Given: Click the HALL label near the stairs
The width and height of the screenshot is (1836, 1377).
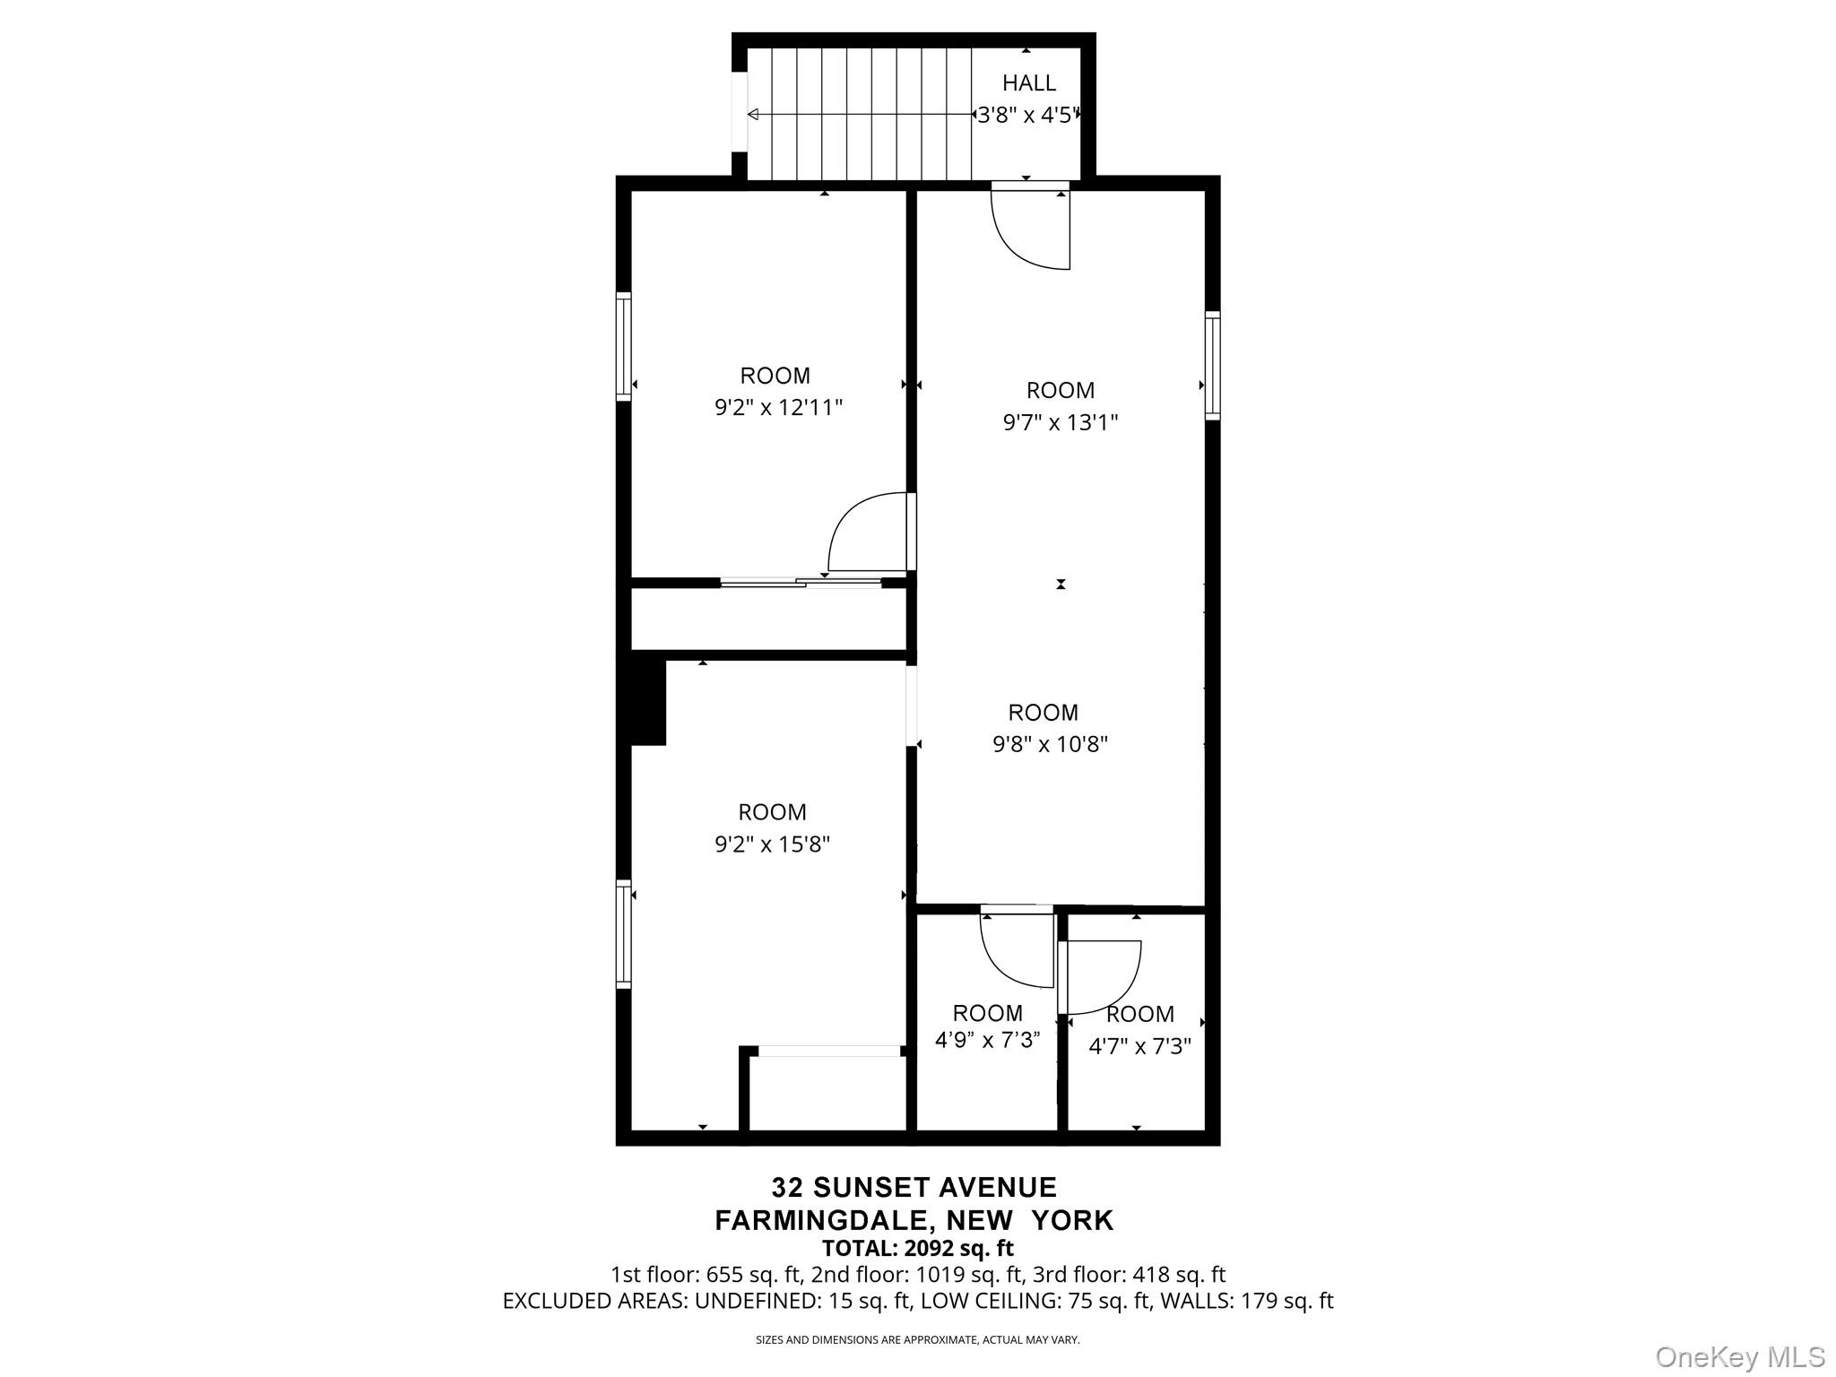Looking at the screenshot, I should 1028,82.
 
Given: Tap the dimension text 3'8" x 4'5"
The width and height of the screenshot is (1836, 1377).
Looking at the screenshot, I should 1027,115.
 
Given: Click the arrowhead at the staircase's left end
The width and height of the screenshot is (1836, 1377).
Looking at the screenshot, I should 753,115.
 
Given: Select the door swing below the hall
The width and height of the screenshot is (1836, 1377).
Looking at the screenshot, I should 1031,229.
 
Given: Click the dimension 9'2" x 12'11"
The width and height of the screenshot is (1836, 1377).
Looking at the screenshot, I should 778,408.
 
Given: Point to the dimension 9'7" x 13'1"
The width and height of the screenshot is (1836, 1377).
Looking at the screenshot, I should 1060,422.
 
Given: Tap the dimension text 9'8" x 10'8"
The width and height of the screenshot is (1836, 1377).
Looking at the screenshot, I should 1050,744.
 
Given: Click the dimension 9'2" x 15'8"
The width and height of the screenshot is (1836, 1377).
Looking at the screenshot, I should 772,844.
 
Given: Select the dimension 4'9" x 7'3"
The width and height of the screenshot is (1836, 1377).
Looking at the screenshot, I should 987,1040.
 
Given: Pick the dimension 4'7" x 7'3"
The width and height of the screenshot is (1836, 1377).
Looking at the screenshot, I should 1139,1046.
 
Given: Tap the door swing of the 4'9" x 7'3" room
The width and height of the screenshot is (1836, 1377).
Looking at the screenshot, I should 1017,950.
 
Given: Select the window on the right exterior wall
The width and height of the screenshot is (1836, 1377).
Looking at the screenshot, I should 1212,365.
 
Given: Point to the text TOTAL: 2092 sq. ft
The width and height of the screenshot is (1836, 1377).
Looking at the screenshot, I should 917,1248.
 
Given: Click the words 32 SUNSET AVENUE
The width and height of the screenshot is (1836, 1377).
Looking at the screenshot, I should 914,1187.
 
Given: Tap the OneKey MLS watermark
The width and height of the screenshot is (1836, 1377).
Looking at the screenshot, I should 1739,1356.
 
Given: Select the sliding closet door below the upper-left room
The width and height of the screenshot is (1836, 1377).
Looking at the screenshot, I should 801,583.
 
